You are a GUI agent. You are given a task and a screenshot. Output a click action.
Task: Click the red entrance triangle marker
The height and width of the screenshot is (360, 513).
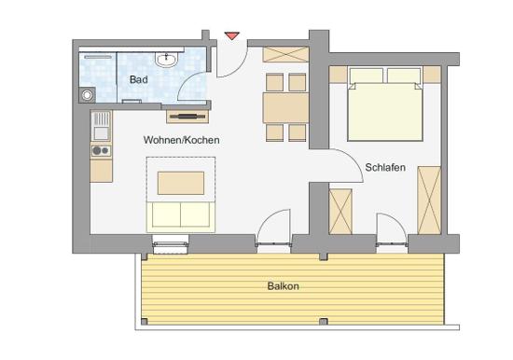(232, 35)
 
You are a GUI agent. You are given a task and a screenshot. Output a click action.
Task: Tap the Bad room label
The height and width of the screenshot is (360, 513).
(139, 79)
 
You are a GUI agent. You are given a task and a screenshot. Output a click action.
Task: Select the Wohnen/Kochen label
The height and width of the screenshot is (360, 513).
(181, 140)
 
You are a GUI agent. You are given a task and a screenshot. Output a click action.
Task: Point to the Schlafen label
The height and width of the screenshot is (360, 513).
(385, 168)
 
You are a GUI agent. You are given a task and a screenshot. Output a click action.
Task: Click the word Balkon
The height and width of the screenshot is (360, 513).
(283, 286)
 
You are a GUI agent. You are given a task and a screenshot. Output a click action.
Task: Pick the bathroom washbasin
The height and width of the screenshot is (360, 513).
(167, 60)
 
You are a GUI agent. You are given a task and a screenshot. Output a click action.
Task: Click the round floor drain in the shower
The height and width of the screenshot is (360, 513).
(87, 95)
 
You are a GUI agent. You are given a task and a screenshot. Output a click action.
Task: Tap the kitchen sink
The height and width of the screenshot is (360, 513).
(101, 126)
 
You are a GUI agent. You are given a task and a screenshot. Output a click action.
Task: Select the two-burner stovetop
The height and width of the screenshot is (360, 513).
(101, 150)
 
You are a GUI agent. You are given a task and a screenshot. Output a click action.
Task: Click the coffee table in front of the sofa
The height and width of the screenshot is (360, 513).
(181, 183)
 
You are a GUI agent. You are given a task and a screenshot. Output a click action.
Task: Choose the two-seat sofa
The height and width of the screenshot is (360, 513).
(181, 214)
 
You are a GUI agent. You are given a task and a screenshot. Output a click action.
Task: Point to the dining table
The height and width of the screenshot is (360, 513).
(286, 108)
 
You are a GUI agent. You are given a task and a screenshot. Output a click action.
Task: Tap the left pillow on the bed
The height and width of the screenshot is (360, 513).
(367, 76)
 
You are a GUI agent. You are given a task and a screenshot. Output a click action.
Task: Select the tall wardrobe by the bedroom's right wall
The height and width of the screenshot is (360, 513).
(429, 201)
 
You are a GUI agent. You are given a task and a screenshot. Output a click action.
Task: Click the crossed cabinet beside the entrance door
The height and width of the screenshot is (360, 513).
(286, 54)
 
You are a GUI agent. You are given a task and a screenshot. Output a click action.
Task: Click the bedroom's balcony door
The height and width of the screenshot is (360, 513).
(392, 229)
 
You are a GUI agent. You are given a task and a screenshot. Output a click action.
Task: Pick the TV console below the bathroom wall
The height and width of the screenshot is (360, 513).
(187, 117)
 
